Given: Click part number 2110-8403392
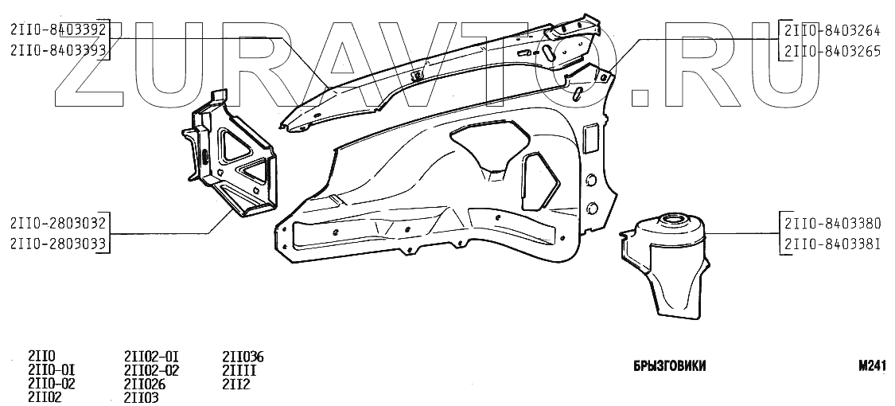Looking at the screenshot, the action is click(57, 31).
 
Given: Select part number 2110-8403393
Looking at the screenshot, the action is click(57, 49).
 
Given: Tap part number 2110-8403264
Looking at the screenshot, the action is click(833, 33).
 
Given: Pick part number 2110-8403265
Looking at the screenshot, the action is click(833, 51).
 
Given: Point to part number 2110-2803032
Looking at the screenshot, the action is click(57, 223).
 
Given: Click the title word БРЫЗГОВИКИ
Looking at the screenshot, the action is click(669, 366).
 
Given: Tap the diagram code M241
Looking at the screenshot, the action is click(873, 366).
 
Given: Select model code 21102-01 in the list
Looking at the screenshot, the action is click(152, 356).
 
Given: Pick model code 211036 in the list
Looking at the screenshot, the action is click(243, 356).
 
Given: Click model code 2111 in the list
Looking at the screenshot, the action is click(239, 369).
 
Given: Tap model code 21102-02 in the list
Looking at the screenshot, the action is click(152, 369).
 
